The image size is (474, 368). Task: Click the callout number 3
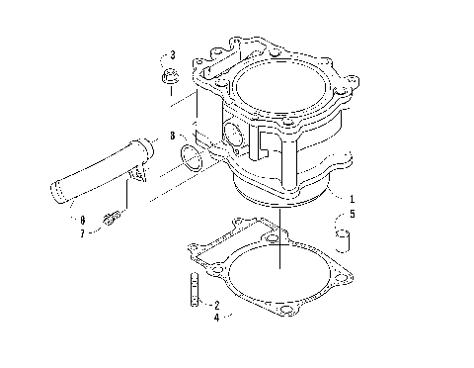tap(172, 54)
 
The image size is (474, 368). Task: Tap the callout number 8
tap(172, 136)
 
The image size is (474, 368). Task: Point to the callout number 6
tap(83, 219)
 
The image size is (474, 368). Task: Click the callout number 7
tap(83, 233)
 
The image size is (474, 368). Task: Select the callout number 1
tap(351, 197)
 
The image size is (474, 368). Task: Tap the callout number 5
tap(351, 213)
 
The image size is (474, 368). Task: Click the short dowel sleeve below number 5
tap(344, 237)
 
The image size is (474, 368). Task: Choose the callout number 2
tap(216, 305)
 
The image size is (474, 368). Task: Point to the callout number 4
tap(216, 318)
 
